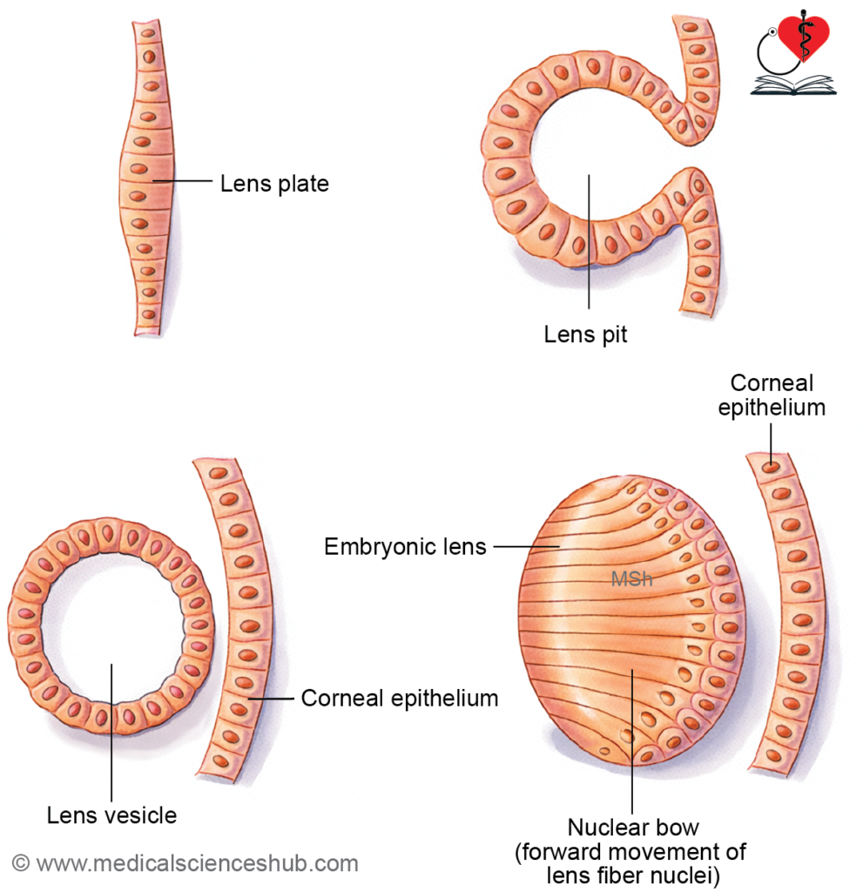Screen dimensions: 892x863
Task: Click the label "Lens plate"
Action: [274, 184]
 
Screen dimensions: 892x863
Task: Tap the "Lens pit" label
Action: [585, 334]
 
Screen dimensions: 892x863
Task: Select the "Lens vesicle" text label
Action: [111, 815]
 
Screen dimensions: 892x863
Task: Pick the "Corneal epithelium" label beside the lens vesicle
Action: [400, 698]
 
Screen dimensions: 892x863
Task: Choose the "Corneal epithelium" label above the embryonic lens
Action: [772, 395]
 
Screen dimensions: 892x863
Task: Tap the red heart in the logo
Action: [804, 37]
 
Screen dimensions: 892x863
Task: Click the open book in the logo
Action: [792, 85]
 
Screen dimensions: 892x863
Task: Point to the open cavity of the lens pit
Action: [592, 166]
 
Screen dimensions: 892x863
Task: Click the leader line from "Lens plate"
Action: [183, 181]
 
